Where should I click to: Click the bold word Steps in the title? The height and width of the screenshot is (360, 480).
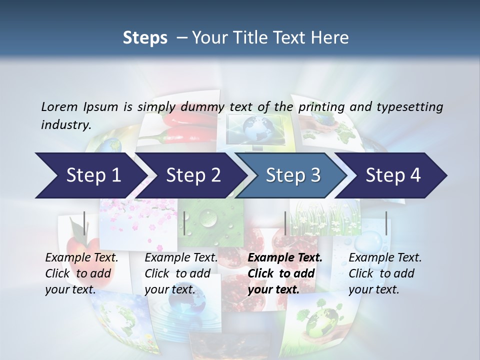click(145, 37)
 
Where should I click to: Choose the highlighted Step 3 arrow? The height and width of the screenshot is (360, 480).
click(293, 175)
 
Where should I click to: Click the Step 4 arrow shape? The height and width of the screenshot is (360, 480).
click(393, 175)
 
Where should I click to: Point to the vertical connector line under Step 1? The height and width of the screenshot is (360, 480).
click(84, 223)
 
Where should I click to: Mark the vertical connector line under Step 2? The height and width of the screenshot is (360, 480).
click(184, 223)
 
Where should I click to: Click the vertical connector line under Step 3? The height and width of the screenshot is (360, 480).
click(285, 223)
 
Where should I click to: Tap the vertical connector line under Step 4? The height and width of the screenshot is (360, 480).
click(386, 223)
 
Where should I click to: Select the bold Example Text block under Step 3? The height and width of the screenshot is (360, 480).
click(285, 273)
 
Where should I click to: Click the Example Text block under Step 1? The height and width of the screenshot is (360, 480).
click(81, 273)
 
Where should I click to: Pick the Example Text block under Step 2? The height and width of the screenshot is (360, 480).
click(181, 273)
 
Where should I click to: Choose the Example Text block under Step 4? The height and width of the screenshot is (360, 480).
click(385, 273)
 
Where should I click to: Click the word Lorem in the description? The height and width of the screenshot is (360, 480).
click(59, 106)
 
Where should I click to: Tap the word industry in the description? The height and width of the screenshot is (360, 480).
click(65, 124)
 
